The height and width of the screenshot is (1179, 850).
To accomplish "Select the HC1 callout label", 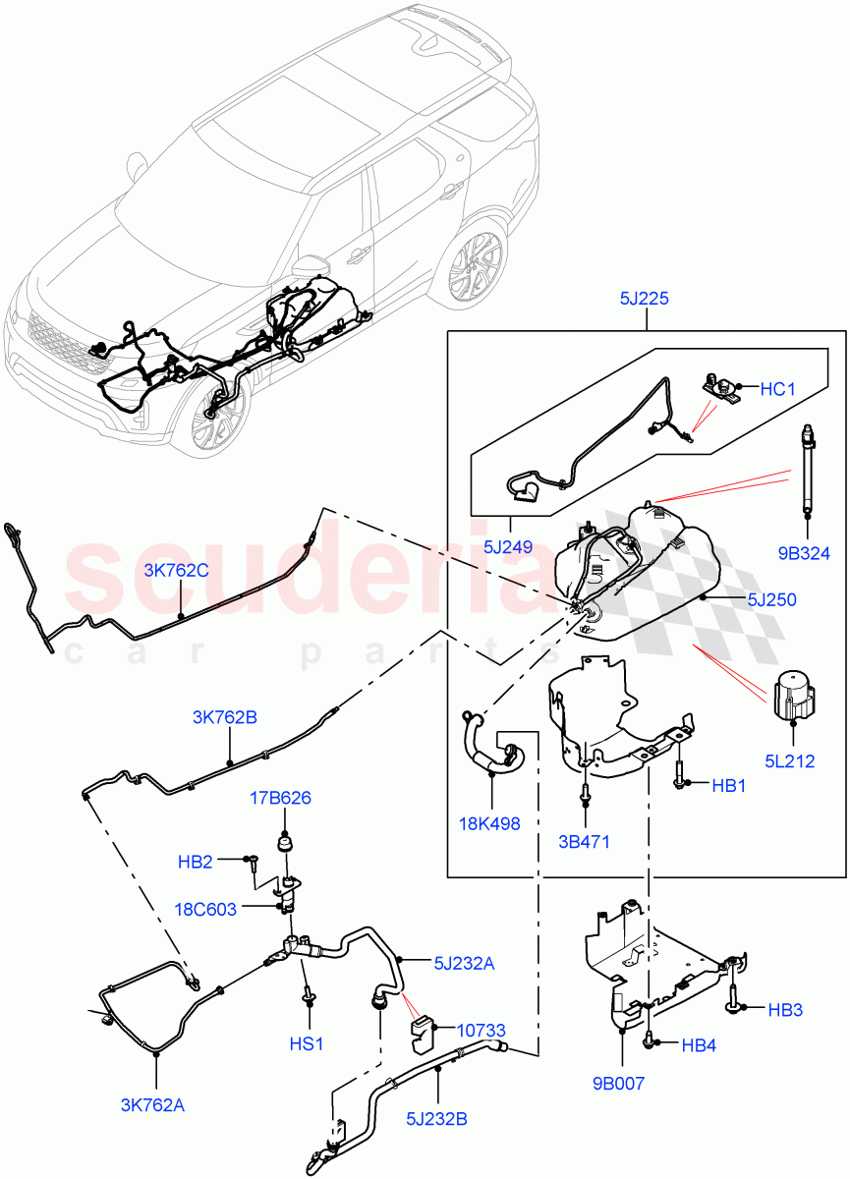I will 777,390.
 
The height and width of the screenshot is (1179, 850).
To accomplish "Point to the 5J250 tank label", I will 771,599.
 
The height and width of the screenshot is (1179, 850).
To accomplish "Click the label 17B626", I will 279,798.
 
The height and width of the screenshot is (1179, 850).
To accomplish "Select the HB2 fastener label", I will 196,862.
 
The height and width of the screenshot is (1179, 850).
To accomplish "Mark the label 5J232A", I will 463,964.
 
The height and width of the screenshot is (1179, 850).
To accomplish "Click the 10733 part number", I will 482,1030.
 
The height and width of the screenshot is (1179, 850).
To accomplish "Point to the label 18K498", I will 488,823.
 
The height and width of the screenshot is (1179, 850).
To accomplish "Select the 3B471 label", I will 586,841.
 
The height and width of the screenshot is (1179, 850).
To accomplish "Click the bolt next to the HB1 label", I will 679,772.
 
